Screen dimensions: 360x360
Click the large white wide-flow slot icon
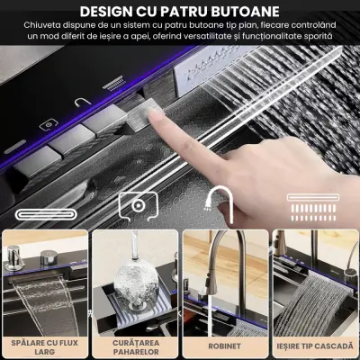pos(47,214)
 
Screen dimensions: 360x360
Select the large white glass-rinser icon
pos(139,205)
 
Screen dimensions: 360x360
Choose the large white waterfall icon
pos(313,208)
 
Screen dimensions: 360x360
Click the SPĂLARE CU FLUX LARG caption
pos(45,347)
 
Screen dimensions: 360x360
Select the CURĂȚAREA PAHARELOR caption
pos(136,347)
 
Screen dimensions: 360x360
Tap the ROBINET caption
pos(224,346)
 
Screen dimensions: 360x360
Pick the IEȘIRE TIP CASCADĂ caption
pos(315,346)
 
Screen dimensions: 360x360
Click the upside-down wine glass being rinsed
pos(136,284)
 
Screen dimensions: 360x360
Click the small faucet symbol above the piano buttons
pos(83,102)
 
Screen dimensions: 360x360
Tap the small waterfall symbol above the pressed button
pos(113,83)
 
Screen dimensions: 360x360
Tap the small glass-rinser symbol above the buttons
pos(49,125)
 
